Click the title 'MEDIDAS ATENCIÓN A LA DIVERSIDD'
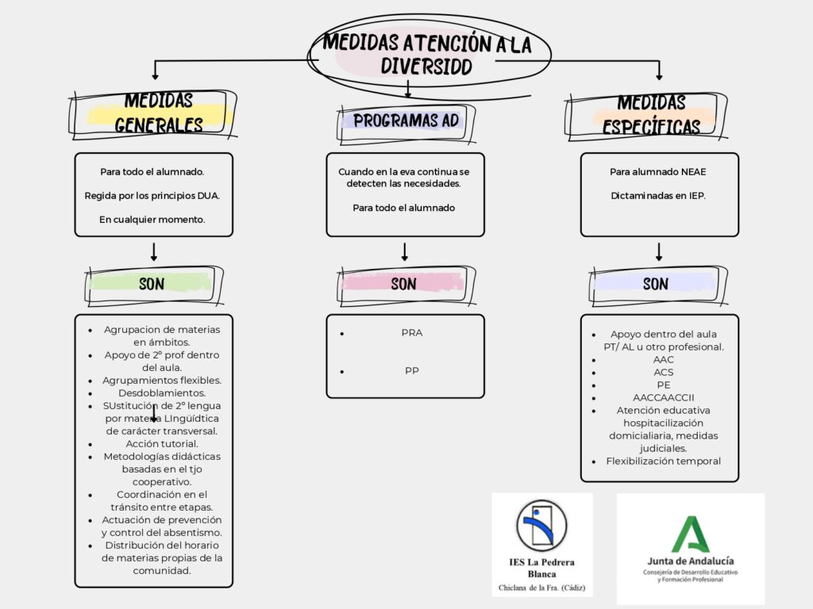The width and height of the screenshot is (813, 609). (x=426, y=54)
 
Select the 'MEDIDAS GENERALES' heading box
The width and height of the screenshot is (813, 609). (x=158, y=113)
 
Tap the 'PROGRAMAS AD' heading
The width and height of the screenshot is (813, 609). (x=406, y=121)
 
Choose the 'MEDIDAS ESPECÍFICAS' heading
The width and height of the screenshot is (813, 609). (x=651, y=115)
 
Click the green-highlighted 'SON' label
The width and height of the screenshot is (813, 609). (x=151, y=283)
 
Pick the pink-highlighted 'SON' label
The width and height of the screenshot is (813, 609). (x=403, y=283)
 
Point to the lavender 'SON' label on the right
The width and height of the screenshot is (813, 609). (x=655, y=283)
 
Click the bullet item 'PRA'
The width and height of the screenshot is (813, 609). (x=411, y=333)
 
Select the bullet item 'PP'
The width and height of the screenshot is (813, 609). (x=411, y=370)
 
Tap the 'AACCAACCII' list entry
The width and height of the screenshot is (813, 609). (x=664, y=397)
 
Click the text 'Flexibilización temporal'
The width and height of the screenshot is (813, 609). (x=664, y=461)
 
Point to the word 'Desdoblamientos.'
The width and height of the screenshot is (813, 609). (x=162, y=393)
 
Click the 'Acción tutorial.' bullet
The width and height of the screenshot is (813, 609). (x=162, y=443)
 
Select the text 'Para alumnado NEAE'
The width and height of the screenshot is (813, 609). (x=658, y=171)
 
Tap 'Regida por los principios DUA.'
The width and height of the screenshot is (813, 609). (x=152, y=195)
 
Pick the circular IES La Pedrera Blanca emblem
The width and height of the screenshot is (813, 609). (x=541, y=525)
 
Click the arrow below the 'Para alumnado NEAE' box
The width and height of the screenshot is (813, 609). (x=658, y=252)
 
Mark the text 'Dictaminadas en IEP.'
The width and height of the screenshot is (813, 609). (x=658, y=195)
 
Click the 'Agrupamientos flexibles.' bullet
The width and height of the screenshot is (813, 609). (x=162, y=380)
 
